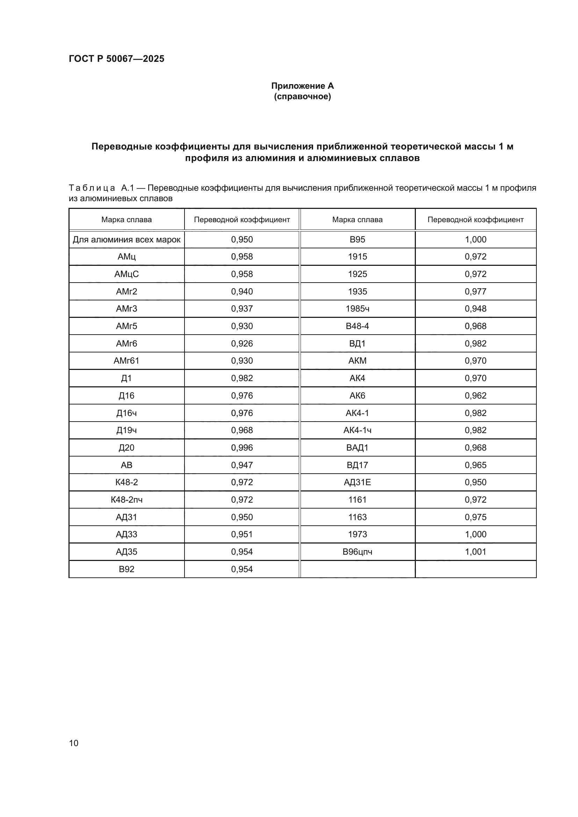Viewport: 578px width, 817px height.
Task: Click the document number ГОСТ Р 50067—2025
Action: (116, 59)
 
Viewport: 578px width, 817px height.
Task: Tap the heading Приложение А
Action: (302, 86)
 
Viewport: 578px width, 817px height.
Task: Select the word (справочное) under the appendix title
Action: (302, 97)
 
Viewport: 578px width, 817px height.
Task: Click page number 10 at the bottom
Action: (74, 743)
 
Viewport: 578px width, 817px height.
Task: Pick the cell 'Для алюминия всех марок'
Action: (127, 240)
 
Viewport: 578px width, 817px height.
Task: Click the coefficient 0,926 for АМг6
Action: (242, 343)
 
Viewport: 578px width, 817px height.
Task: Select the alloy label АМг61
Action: (127, 361)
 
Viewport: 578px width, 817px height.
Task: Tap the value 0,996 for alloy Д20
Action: (242, 448)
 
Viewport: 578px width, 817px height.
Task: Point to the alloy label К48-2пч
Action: (127, 499)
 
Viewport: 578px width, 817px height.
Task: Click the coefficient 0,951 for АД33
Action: (242, 534)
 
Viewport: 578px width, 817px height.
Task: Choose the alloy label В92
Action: (127, 569)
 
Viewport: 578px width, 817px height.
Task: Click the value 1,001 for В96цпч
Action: (475, 552)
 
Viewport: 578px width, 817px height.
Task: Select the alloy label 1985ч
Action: (357, 308)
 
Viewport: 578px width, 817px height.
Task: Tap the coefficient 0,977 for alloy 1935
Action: (475, 291)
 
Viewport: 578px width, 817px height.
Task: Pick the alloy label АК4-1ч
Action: (357, 430)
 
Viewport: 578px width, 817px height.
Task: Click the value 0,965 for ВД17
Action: (475, 465)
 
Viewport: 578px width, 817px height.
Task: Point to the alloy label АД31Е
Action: (357, 482)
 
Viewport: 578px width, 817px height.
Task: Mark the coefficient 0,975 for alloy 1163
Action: (475, 517)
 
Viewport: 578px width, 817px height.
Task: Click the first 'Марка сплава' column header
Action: (127, 220)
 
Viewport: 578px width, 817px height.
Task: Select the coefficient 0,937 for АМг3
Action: (242, 308)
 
